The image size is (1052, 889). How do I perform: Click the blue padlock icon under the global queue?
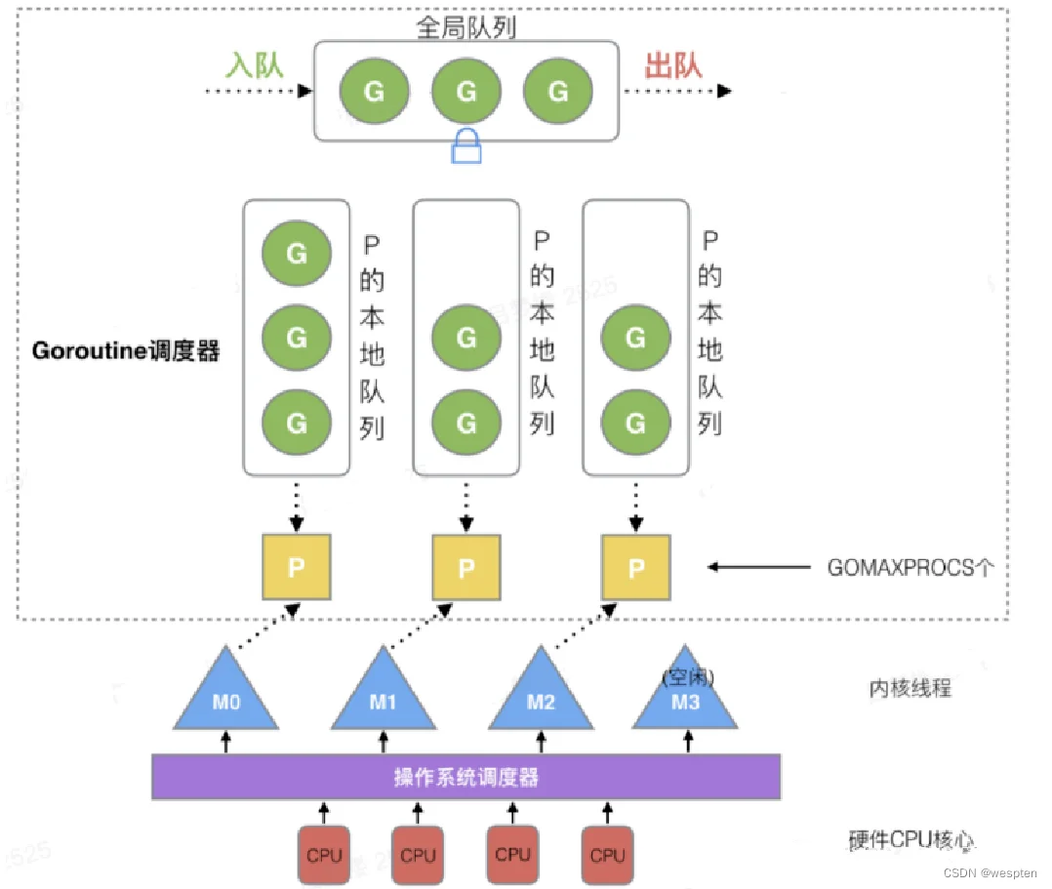point(466,146)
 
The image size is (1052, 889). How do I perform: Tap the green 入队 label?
point(255,65)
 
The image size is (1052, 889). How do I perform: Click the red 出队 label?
point(673,65)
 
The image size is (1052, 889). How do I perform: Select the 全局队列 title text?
point(466,27)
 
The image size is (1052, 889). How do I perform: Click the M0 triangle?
point(226,695)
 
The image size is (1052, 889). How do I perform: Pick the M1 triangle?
point(384,695)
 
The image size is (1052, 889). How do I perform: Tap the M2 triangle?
point(541,695)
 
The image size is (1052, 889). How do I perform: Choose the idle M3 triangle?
point(685,695)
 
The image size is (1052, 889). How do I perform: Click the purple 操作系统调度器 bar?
point(466,777)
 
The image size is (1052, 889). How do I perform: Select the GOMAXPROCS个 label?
point(910,568)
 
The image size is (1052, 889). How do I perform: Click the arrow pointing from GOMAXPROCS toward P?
point(759,567)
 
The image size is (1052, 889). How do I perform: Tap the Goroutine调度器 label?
point(126,350)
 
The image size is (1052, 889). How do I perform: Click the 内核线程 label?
point(910,688)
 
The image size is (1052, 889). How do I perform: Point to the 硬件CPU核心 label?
point(911,839)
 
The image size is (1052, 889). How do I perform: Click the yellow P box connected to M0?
point(297,567)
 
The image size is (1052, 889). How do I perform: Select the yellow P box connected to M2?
point(636,567)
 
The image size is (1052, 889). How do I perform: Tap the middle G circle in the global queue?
point(466,91)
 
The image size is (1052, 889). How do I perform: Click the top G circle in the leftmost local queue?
point(297,253)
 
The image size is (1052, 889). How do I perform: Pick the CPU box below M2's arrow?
point(512,854)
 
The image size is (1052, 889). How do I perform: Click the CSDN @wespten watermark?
point(991,872)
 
